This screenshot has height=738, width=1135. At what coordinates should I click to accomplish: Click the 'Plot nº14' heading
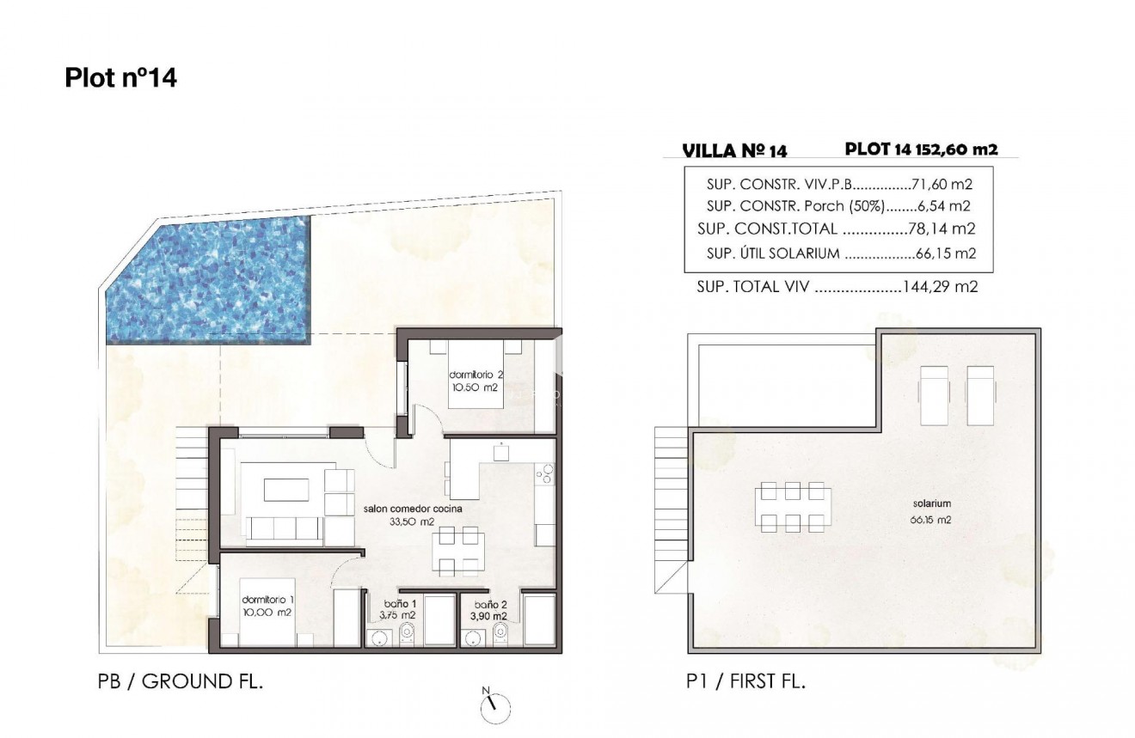(x=120, y=78)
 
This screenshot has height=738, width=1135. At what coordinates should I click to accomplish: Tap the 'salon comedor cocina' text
(x=413, y=509)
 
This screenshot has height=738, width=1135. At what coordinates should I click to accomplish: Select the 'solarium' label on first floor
(x=932, y=504)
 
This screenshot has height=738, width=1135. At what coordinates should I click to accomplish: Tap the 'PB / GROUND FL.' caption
(x=181, y=683)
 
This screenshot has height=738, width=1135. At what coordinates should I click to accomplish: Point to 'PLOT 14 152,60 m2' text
(x=921, y=149)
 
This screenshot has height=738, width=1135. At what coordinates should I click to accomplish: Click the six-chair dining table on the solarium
(x=793, y=508)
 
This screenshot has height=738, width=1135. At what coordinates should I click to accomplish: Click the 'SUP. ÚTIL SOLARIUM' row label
(x=772, y=253)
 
